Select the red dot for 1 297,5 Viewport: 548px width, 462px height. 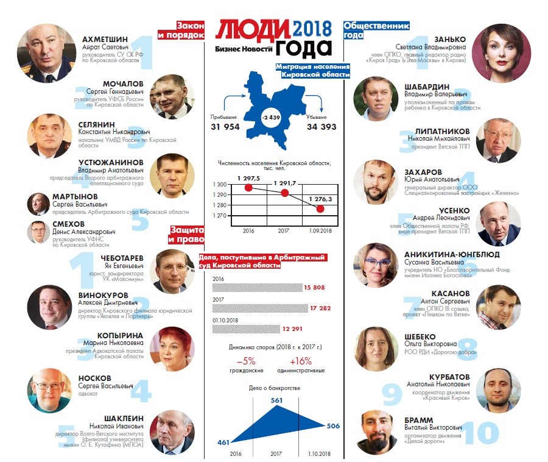click(x=248, y=188)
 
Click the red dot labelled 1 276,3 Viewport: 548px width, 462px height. click(x=320, y=208)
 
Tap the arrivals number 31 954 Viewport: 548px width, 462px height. click(x=225, y=127)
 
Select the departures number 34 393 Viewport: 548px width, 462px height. click(x=321, y=127)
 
